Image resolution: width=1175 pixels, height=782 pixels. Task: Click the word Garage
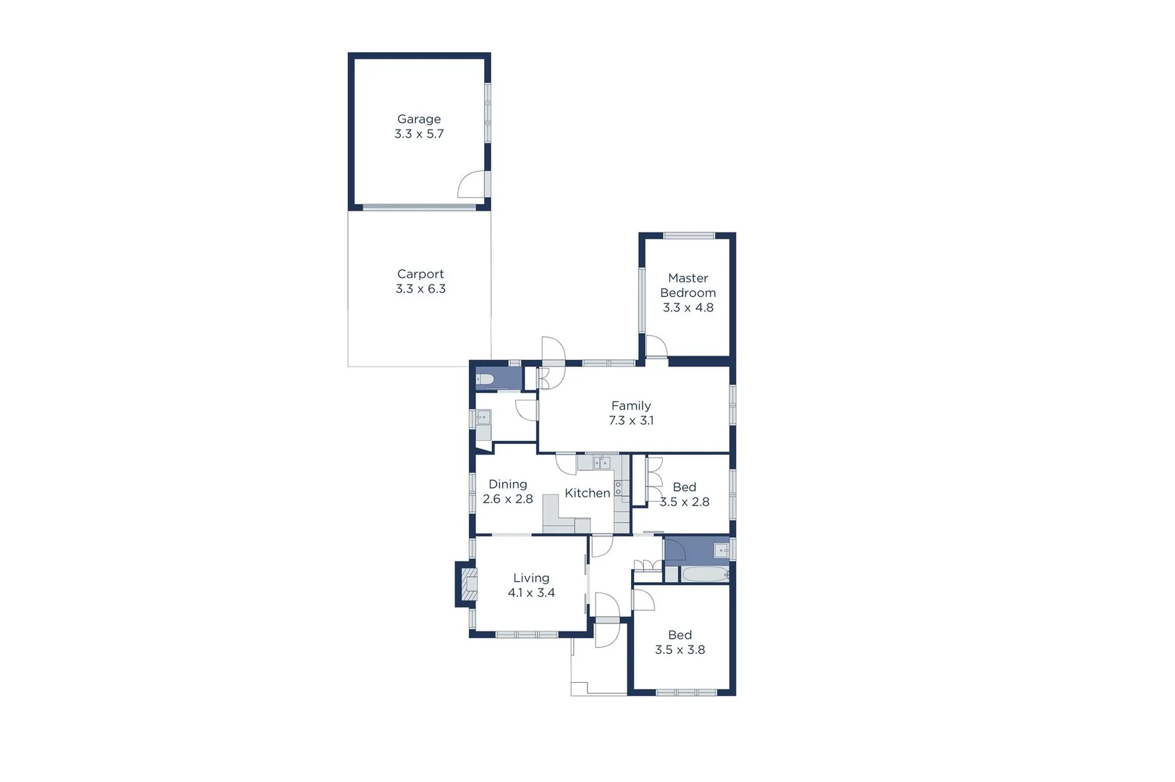coord(419,119)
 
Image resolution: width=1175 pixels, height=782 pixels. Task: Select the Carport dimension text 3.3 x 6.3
coord(420,289)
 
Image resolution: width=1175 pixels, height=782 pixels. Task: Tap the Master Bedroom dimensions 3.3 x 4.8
coord(688,308)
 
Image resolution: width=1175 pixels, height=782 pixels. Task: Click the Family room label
coord(631,405)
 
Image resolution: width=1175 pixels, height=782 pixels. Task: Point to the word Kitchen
coord(587,493)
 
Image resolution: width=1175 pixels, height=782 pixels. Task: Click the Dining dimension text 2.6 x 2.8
coord(507,499)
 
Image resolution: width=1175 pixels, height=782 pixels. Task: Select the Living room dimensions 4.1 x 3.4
coord(531,593)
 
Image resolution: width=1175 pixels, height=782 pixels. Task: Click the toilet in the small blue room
coord(485,379)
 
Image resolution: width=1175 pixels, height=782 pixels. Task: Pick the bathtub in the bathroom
coord(705,575)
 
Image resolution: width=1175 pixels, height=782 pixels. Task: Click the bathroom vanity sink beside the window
coord(721,551)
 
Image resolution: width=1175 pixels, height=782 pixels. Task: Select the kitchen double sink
coord(602,462)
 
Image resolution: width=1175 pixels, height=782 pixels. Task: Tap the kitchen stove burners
coord(618,488)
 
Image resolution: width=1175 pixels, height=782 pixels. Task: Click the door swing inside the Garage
coord(472,185)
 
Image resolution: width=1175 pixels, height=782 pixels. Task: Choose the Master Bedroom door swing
coord(656,347)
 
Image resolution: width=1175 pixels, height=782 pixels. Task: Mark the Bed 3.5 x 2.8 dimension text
coord(684,502)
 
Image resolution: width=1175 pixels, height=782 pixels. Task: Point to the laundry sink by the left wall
coord(483,418)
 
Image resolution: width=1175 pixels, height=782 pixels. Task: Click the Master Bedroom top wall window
coord(689,235)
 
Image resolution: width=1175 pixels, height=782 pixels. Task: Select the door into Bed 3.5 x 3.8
coord(643,600)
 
